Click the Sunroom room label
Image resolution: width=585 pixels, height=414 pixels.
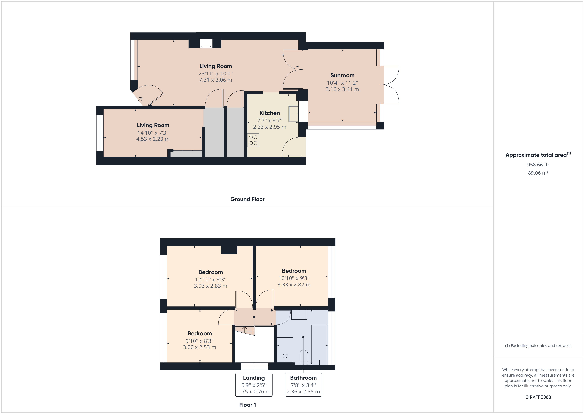[342, 75]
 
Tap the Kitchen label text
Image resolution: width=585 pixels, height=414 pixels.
[270, 113]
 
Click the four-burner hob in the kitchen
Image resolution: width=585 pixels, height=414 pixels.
[253, 140]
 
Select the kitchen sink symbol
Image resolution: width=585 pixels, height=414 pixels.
[293, 114]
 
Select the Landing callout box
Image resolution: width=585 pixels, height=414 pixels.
[254, 384]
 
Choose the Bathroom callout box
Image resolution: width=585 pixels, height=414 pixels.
[303, 384]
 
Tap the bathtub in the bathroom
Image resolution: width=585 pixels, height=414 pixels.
[319, 344]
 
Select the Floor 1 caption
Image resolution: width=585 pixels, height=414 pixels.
[247, 405]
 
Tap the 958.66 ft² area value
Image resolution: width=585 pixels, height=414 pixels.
[538, 165]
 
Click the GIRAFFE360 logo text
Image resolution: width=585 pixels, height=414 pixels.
[538, 397]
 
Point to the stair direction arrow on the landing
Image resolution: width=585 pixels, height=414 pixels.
[244, 329]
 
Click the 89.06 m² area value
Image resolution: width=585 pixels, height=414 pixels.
[538, 173]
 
